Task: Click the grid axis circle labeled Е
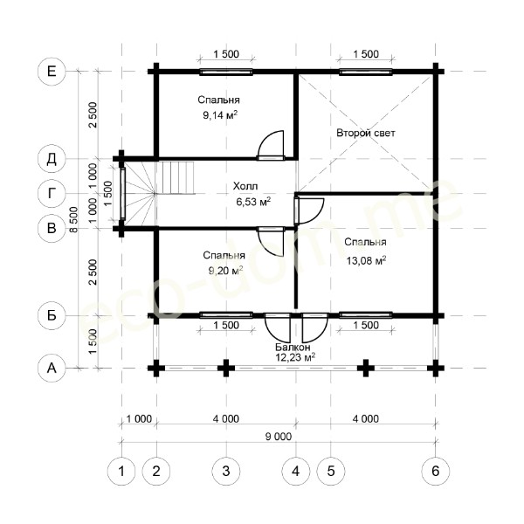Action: (x=52, y=72)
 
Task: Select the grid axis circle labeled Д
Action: (x=52, y=159)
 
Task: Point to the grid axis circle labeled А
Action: (x=52, y=368)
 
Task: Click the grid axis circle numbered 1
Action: (x=121, y=471)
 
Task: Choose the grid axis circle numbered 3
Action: (x=226, y=471)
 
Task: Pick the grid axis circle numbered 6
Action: (x=435, y=471)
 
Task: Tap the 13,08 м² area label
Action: (x=365, y=259)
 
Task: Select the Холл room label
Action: (x=245, y=186)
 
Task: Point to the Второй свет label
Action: (x=366, y=134)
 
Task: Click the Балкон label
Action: (x=294, y=347)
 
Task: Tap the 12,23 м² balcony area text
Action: (x=295, y=357)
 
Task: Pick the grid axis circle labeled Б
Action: (x=52, y=315)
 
